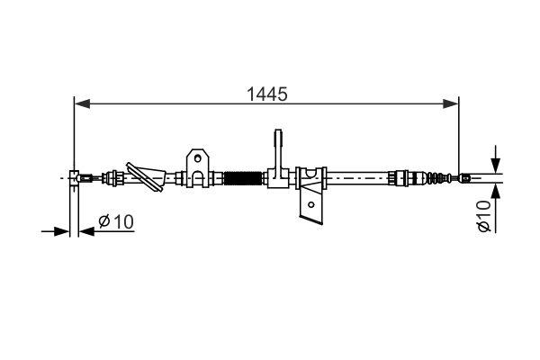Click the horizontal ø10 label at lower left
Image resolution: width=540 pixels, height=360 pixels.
[x=115, y=221]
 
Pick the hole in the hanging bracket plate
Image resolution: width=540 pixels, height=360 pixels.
[x=310, y=205]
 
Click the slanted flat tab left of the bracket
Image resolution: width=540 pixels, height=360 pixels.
[x=143, y=173]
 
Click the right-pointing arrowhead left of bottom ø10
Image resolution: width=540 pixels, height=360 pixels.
[x=64, y=231]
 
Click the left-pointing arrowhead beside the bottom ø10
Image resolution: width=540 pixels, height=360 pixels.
[x=85, y=231]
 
